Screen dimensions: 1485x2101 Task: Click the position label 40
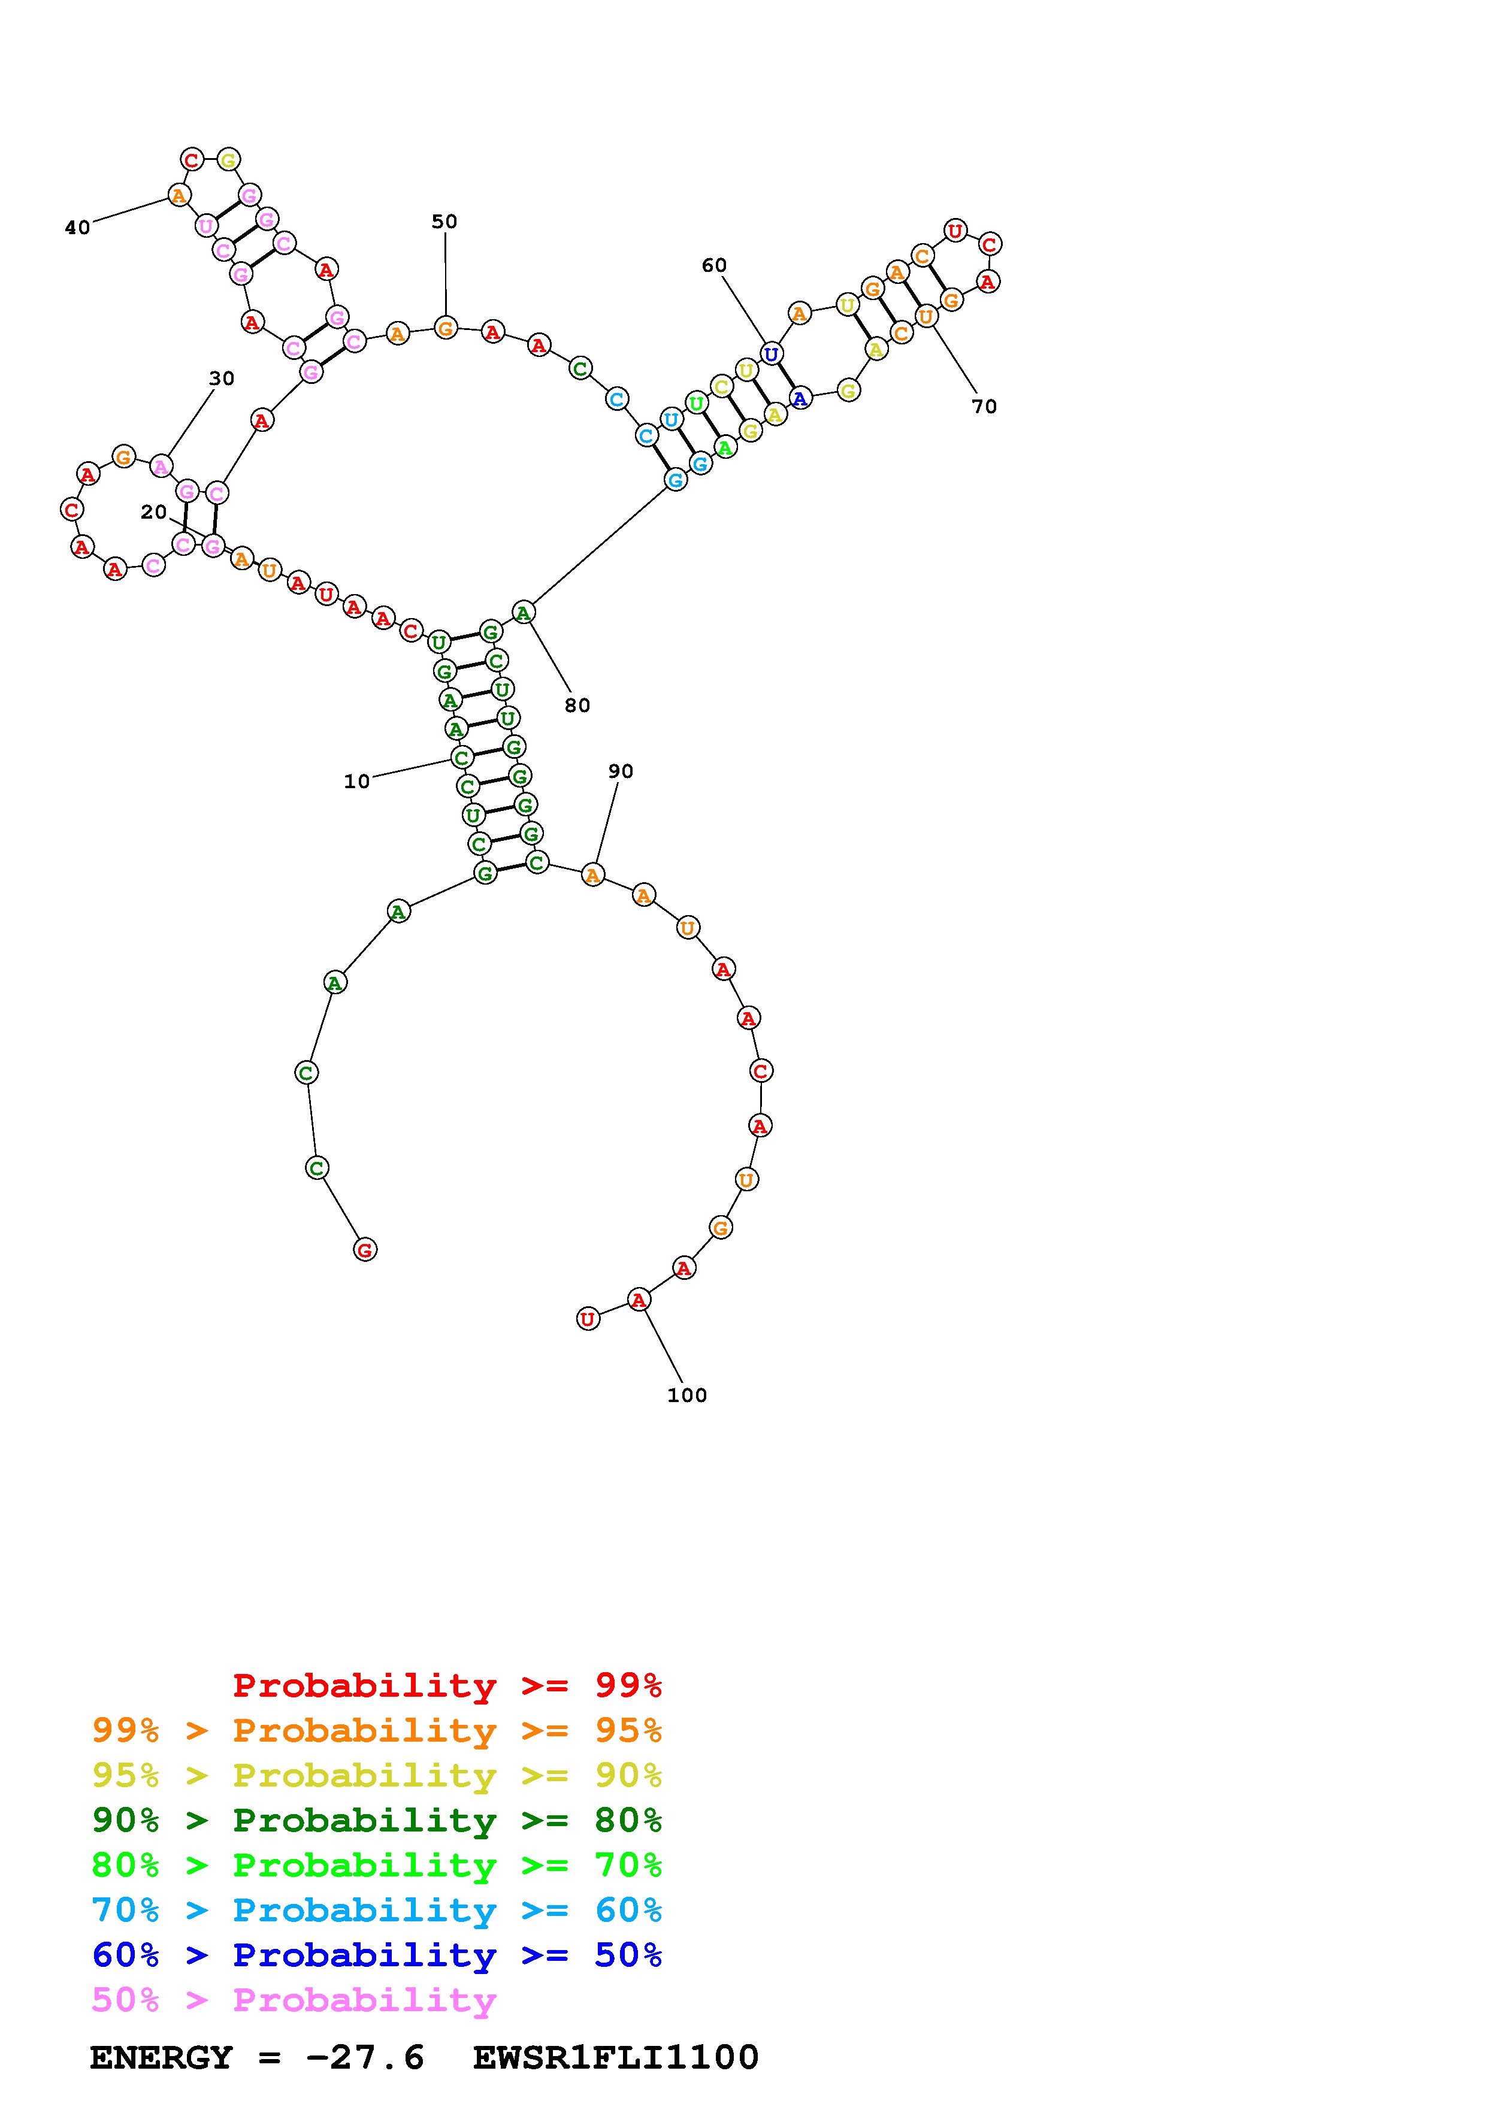(x=78, y=228)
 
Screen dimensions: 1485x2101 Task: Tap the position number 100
(x=687, y=1395)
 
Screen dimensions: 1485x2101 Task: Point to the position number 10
(x=357, y=782)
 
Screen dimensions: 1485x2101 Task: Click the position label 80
(x=577, y=706)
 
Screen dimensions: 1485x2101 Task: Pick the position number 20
(x=154, y=513)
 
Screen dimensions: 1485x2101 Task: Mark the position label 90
(x=621, y=771)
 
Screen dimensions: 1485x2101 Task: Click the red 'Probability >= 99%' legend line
(x=447, y=1685)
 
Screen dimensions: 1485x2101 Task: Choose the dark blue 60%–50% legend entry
(x=377, y=1955)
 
